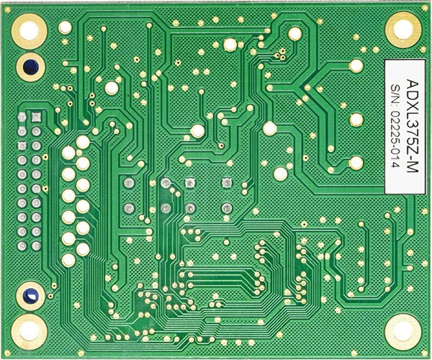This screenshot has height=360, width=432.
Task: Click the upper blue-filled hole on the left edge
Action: pos(30,67)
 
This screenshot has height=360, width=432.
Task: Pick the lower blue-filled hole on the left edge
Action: pos(30,295)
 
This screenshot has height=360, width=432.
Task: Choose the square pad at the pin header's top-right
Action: pos(35,116)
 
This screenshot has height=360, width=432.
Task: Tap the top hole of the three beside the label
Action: pos(354,66)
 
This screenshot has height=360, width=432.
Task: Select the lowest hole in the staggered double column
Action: pos(68,259)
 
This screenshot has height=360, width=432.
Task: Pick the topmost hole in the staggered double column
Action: pos(84,142)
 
